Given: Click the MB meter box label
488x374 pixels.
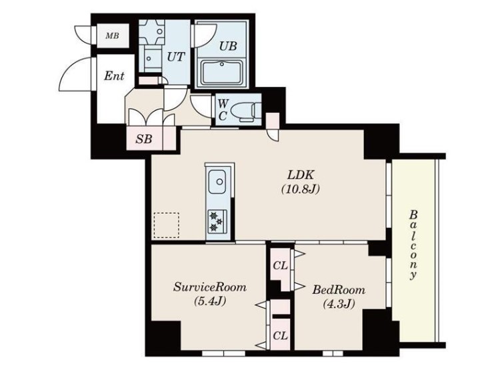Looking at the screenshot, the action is click(x=113, y=36).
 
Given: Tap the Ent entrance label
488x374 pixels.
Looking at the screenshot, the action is click(x=114, y=75).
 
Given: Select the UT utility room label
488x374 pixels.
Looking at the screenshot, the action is click(x=176, y=57).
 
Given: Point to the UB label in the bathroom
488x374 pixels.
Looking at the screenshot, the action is click(x=228, y=46).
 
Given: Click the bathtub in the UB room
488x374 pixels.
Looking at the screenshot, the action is click(x=221, y=73).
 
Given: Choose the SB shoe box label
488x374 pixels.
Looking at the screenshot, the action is click(x=144, y=139).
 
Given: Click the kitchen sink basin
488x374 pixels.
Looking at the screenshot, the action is click(x=217, y=182).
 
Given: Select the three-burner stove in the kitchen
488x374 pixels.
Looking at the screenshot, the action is click(x=217, y=221).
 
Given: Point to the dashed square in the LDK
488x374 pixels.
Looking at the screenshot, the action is click(x=167, y=225).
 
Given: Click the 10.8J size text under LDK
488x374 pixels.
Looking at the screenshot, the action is click(x=300, y=189).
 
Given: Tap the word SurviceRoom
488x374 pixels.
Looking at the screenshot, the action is click(x=210, y=287).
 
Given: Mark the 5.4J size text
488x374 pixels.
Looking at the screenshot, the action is click(x=210, y=301).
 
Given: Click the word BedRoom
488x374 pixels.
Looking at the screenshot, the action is click(x=339, y=290).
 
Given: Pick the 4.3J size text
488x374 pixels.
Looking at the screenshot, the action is click(x=339, y=304).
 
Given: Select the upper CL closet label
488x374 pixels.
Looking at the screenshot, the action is click(x=280, y=266).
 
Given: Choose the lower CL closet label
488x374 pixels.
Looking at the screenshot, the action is click(x=280, y=336).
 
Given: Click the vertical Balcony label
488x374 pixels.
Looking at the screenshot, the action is click(x=413, y=245).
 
